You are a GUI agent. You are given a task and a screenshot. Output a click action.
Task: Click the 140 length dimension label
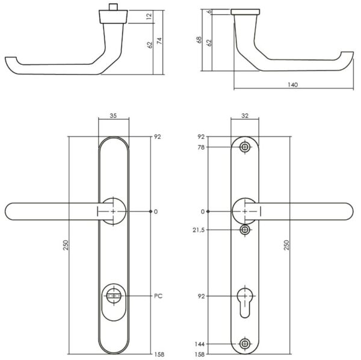pos(292,85)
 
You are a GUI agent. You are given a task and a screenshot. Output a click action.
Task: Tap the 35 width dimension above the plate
pos(113,116)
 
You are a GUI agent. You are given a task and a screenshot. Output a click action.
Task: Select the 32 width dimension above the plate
pos(245,116)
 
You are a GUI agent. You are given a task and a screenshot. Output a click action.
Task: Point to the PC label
pos(158,296)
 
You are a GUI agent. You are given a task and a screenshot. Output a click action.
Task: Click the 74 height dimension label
pos(159,41)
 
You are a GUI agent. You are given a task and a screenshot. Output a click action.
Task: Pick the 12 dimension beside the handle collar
pos(149,16)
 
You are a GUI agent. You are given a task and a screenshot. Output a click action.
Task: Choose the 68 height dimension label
pos(199,40)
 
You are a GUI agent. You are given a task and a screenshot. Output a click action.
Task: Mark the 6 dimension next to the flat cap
pos(209,11)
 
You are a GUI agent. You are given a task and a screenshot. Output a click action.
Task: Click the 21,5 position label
pos(199,230)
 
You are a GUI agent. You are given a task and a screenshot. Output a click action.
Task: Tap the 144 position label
pos(199,344)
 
